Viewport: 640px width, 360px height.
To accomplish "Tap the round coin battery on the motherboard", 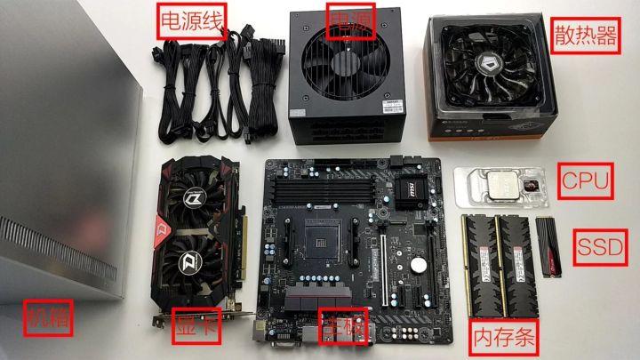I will coord(417,264).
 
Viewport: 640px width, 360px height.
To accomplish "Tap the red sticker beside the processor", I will coord(531,185).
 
